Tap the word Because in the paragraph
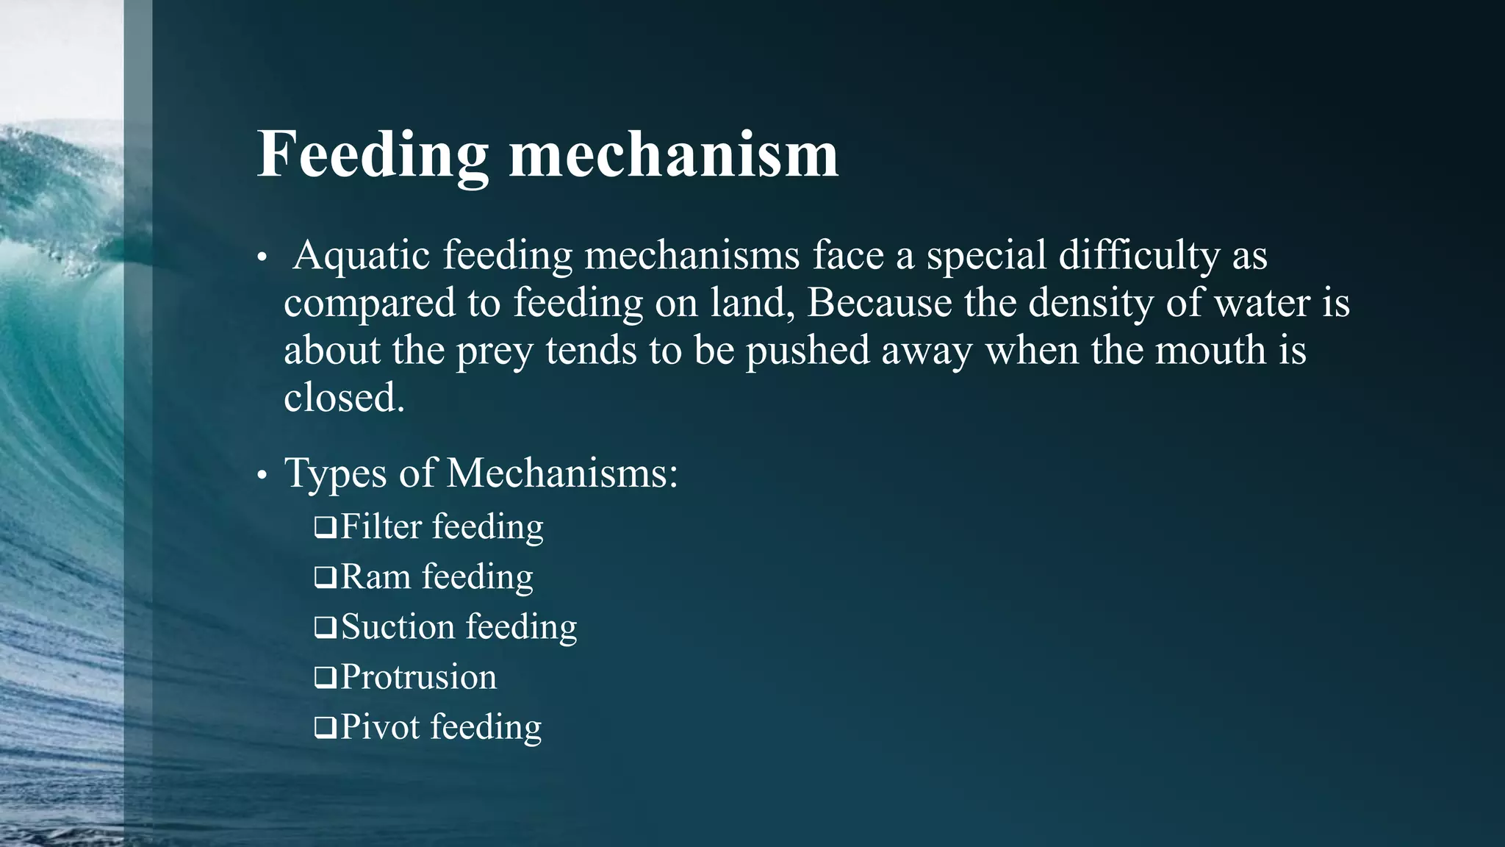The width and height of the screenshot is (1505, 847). [x=880, y=303]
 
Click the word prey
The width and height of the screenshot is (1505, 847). [x=495, y=351]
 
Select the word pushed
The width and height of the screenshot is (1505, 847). [x=808, y=351]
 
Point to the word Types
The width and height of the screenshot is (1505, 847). [x=335, y=473]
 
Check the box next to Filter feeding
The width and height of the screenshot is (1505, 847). [x=325, y=527]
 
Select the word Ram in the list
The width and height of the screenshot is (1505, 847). [x=376, y=577]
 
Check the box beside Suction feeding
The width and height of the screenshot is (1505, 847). [x=325, y=627]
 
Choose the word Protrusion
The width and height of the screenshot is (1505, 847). [x=419, y=677]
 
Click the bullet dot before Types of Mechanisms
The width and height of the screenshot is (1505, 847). [x=262, y=476]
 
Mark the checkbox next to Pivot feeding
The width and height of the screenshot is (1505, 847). [x=325, y=728]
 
